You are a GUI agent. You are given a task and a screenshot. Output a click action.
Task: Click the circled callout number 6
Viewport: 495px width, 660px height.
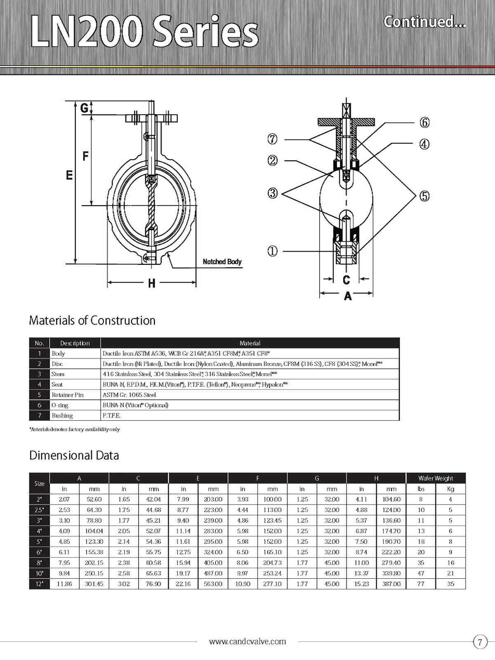[424, 123]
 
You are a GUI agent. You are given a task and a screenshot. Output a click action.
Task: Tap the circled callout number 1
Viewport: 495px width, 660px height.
[273, 251]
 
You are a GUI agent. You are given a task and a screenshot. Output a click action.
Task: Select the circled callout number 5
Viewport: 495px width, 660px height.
[424, 196]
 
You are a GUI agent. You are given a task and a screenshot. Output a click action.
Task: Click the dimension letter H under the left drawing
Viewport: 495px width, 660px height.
[151, 283]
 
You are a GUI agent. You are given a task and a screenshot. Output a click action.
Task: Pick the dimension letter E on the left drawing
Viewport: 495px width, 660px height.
[69, 175]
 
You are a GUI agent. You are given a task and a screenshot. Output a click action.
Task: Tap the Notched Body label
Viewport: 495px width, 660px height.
[222, 262]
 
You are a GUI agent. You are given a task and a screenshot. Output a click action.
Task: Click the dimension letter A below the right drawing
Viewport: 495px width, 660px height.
[347, 296]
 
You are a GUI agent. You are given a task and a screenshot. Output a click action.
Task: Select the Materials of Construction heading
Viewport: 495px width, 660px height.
[92, 321]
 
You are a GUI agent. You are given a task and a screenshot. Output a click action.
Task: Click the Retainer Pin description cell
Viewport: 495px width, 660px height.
[68, 395]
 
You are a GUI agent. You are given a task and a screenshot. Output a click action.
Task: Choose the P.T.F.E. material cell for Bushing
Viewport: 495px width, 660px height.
[111, 415]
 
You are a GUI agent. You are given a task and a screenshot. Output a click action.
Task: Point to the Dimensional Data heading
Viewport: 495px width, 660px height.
[74, 455]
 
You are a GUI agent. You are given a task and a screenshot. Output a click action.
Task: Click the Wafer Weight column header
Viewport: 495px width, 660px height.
[435, 478]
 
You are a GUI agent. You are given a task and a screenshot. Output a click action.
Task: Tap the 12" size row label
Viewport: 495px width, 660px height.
[39, 584]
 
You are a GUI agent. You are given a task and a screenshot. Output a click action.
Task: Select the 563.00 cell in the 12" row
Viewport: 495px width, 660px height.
[213, 584]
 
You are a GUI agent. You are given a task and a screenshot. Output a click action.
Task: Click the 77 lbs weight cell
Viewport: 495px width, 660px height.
[421, 584]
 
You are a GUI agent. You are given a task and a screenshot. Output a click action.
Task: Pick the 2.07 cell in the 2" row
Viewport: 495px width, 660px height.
[64, 499]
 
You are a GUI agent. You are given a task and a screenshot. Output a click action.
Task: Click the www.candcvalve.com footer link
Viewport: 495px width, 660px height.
[247, 641]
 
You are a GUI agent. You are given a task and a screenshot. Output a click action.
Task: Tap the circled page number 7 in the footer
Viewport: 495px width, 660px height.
[480, 642]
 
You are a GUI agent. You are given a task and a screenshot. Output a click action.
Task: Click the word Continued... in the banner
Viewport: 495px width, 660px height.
[424, 21]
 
